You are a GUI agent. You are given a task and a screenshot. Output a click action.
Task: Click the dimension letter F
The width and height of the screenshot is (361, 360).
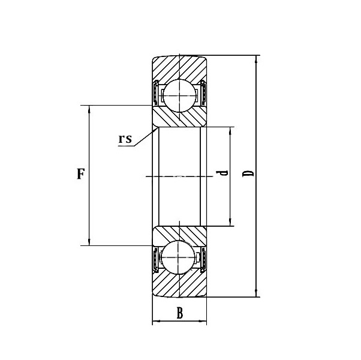(x=80, y=174)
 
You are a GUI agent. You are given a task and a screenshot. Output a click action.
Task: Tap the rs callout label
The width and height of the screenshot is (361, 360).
(x=125, y=139)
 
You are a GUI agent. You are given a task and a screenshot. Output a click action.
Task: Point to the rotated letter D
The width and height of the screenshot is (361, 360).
(x=248, y=173)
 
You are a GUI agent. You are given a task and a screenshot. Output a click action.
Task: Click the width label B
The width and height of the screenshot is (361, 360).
(x=179, y=313)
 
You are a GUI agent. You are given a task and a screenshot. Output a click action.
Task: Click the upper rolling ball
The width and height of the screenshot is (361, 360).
(x=179, y=95)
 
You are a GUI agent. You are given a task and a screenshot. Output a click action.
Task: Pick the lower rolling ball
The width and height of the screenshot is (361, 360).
(x=179, y=257)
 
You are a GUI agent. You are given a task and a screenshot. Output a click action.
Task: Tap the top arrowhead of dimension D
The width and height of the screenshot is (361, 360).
(x=256, y=59)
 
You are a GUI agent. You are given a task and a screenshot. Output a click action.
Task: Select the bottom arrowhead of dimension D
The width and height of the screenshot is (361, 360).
(x=256, y=293)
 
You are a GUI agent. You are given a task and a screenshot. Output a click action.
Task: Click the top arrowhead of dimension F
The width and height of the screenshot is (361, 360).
(x=89, y=109)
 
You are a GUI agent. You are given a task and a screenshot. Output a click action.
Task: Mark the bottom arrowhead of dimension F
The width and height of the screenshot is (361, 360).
(x=89, y=242)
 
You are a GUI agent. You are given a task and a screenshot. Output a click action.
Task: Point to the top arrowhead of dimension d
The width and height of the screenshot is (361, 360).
(x=230, y=131)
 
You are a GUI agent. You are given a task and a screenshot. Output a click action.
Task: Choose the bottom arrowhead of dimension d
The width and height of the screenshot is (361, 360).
(x=230, y=222)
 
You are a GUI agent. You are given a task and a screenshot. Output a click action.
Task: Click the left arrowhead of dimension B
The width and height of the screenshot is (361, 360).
(x=156, y=321)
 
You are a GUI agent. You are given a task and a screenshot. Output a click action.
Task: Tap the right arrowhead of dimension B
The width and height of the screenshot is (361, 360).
(x=203, y=321)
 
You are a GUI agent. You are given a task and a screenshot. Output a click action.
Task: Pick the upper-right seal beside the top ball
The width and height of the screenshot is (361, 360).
(x=203, y=93)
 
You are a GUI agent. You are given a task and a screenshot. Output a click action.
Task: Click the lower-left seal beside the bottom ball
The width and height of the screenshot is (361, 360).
(x=155, y=259)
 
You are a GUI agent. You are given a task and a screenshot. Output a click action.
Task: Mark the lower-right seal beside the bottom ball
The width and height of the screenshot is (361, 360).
(x=203, y=259)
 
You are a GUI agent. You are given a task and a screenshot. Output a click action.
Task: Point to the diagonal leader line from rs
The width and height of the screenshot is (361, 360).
(x=146, y=137)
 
